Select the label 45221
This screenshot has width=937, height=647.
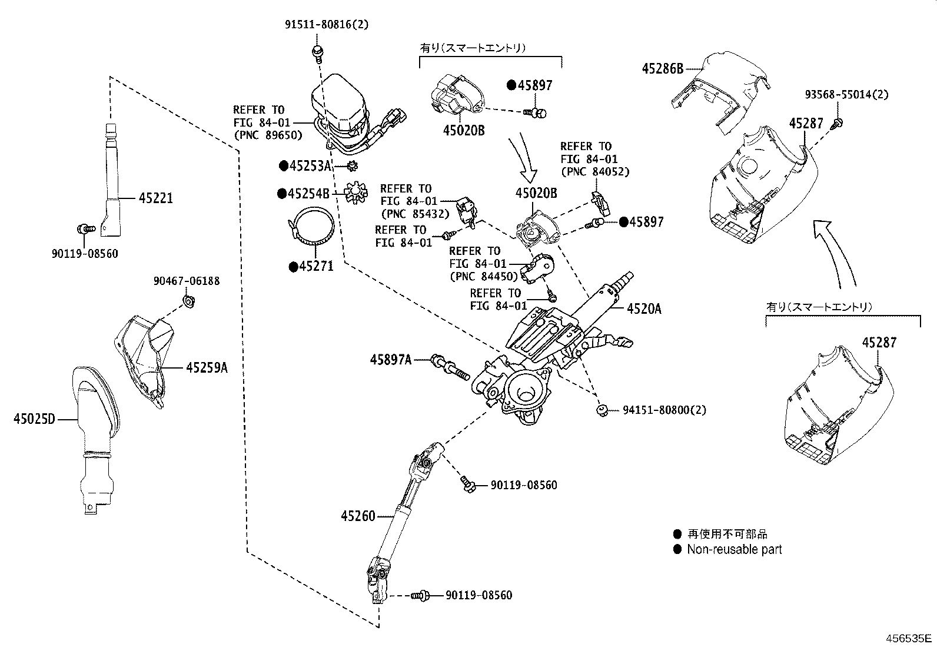(x=156, y=198)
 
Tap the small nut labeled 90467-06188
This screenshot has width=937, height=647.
(x=190, y=302)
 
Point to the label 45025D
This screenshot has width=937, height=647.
(x=34, y=419)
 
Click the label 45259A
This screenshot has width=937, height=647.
(x=206, y=368)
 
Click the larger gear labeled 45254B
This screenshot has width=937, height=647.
(x=355, y=192)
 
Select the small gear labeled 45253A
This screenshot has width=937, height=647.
(x=353, y=167)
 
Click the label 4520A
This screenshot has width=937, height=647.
(x=644, y=308)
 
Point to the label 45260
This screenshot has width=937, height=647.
(x=357, y=516)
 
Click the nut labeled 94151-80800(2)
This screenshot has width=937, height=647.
(x=602, y=410)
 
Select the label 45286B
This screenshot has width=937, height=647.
(x=662, y=69)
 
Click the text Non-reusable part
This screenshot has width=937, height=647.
(x=734, y=550)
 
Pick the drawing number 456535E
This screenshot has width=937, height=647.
(x=909, y=638)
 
